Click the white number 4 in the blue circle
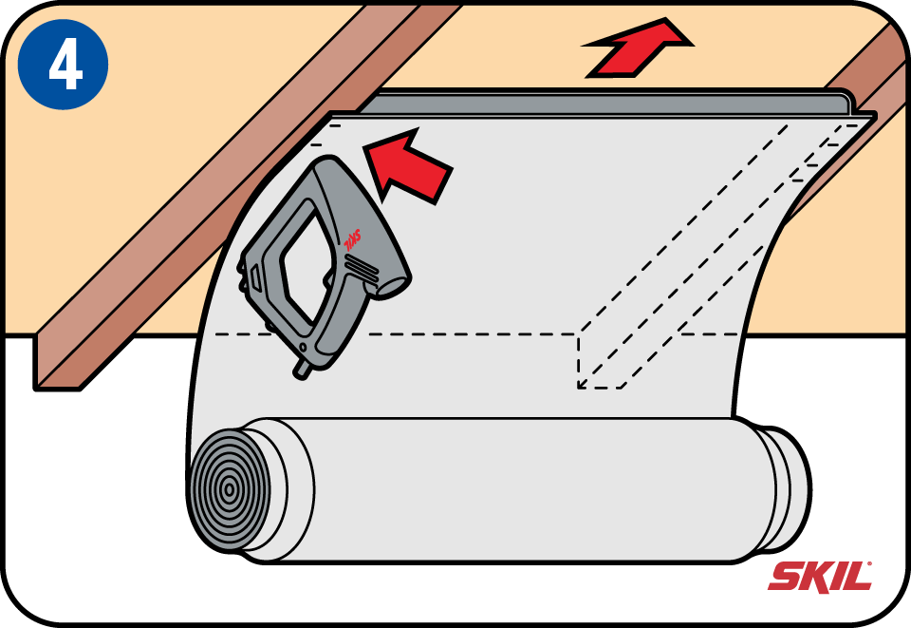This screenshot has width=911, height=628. [65, 66]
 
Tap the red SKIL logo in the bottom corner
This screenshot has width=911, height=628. [820, 577]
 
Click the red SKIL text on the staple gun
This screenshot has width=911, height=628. [351, 240]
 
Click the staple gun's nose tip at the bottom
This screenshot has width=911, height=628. [302, 370]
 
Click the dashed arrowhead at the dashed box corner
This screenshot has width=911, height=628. [581, 383]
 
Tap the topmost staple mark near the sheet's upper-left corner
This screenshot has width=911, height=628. [335, 124]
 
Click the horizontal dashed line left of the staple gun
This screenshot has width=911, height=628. [241, 334]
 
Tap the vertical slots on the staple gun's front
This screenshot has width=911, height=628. [254, 278]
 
